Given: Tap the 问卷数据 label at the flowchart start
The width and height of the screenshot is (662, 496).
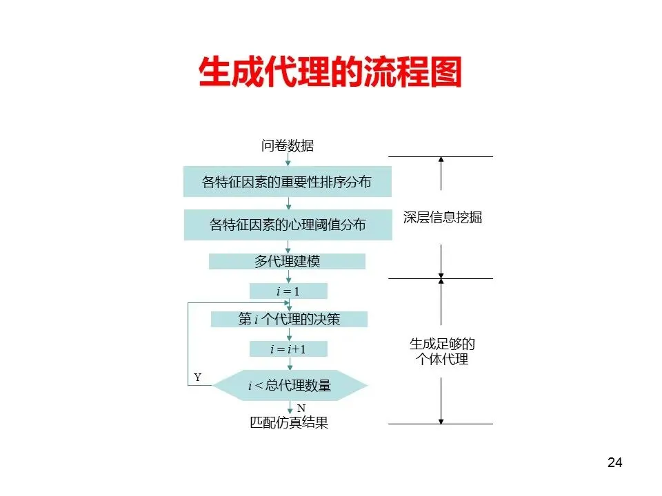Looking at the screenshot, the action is (288, 145).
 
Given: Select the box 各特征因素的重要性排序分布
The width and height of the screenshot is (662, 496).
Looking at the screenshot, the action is (288, 182).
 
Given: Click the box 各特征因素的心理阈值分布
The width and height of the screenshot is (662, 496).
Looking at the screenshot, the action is (288, 225).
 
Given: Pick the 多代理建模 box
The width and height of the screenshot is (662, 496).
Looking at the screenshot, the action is (288, 262).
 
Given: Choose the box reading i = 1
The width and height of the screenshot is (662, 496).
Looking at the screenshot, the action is (288, 291).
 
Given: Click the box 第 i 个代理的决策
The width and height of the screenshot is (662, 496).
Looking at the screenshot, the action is (289, 319).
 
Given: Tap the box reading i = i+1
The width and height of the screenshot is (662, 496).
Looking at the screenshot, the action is (288, 349).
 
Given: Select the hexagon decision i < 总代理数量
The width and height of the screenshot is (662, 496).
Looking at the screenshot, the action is (290, 386).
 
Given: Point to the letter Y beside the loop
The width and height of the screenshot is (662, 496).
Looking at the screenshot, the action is (197, 378).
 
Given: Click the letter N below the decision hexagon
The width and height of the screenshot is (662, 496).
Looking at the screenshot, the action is (301, 408).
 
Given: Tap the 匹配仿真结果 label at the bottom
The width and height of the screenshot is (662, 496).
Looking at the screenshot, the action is (289, 423).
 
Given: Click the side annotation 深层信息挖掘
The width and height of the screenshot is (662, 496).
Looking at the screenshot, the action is (442, 218).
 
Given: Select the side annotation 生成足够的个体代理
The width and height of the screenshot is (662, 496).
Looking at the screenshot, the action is (442, 351).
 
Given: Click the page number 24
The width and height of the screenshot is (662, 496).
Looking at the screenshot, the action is (614, 462).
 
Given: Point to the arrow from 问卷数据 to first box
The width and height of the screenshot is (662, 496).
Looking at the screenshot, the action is (288, 160).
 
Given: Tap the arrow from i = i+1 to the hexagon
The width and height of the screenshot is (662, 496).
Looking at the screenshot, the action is (289, 364).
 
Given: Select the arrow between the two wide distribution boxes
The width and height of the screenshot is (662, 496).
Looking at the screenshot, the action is (288, 203).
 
